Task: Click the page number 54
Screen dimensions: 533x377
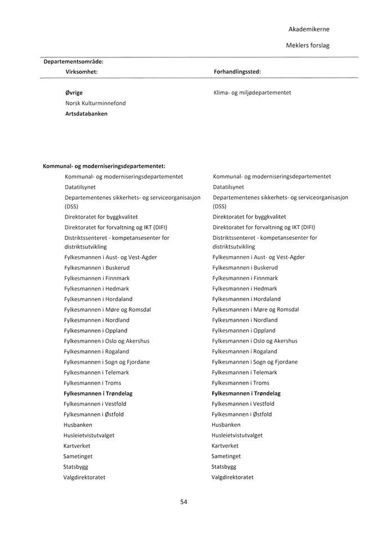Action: (183, 502)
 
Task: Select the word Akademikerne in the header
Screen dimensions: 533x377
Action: (309, 29)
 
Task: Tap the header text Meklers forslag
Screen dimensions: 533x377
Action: (308, 46)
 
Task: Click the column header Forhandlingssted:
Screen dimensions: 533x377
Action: (237, 72)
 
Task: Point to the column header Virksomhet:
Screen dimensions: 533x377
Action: (82, 72)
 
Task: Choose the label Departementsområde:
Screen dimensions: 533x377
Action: (73, 61)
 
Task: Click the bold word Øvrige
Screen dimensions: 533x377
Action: (74, 92)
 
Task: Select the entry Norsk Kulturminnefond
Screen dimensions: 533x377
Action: (95, 103)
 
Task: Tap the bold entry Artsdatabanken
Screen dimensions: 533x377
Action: (86, 114)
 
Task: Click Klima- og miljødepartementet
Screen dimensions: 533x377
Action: (252, 92)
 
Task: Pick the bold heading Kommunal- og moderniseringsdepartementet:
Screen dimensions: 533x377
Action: (104, 166)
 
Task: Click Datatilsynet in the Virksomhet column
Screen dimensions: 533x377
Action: (80, 187)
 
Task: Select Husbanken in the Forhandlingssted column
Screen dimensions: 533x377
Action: (226, 425)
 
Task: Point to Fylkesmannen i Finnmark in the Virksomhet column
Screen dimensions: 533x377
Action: (97, 279)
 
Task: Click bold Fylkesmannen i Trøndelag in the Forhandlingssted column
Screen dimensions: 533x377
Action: (246, 393)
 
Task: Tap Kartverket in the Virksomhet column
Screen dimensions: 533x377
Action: (78, 446)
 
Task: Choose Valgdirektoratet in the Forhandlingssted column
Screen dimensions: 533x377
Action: (232, 477)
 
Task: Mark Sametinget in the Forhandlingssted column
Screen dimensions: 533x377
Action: (226, 456)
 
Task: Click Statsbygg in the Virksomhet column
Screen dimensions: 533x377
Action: (76, 467)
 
